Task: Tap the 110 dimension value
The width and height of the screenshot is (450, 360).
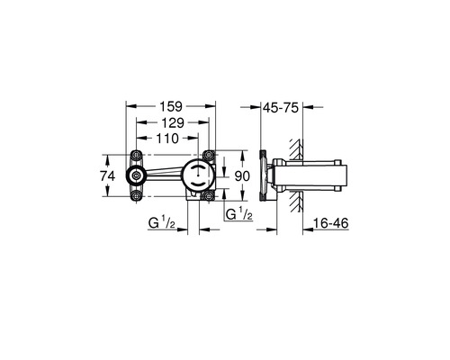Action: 165,139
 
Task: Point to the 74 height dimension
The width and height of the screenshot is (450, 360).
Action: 109,176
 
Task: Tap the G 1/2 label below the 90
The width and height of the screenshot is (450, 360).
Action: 238,213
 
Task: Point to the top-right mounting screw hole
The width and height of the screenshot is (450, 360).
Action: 208,154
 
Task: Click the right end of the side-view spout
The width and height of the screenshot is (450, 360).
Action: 343,175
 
